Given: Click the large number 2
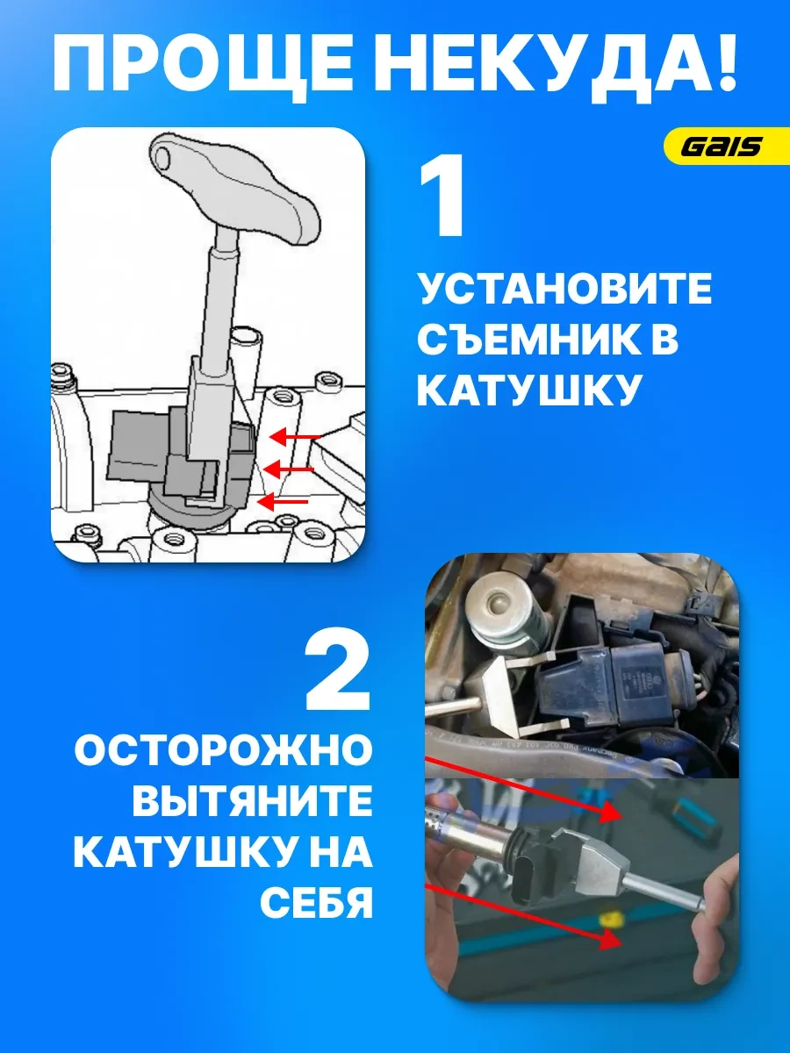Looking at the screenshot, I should (x=337, y=671).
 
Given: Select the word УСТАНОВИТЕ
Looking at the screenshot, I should (x=564, y=290).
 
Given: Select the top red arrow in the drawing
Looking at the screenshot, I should (x=294, y=435).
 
